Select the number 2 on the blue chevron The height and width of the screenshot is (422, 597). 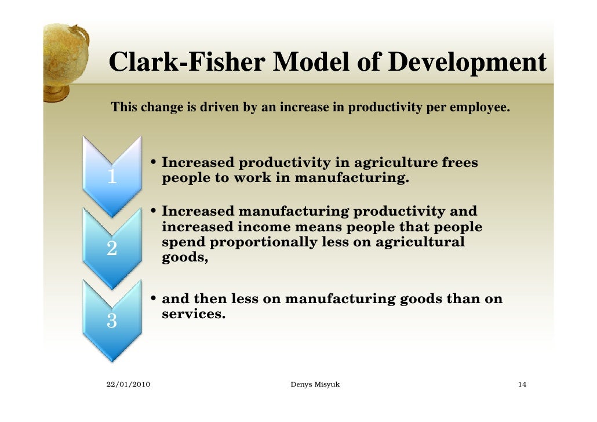tap(111, 248)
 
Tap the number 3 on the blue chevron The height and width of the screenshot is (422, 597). tap(111, 320)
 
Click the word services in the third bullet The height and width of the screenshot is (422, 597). tap(192, 315)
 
